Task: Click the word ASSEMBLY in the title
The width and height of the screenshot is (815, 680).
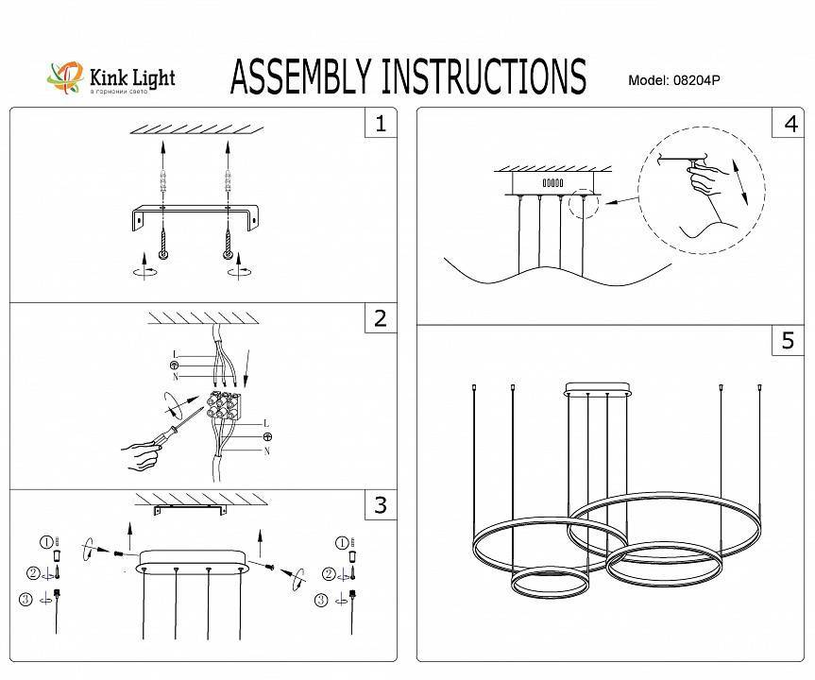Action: coord(301,76)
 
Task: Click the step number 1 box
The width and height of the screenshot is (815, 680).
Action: coord(381,124)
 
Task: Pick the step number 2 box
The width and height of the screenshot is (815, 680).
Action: coord(381,318)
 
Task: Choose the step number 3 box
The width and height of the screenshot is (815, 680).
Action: coord(381,505)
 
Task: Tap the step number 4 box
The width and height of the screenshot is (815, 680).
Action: coord(789,124)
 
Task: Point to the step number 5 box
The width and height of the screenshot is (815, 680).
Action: coord(789,341)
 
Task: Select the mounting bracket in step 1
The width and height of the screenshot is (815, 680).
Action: coord(196,215)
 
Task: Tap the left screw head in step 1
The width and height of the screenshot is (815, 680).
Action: coord(163,254)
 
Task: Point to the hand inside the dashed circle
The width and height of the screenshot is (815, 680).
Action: coord(713,184)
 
